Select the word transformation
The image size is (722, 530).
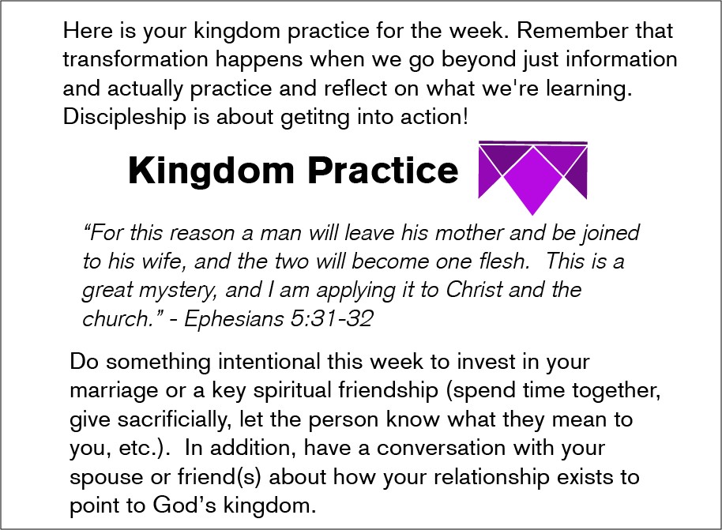click(x=136, y=59)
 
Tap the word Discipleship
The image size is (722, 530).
click(x=124, y=117)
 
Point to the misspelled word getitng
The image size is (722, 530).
click(x=315, y=118)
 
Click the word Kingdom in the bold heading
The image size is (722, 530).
click(x=211, y=171)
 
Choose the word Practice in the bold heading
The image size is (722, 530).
click(x=382, y=171)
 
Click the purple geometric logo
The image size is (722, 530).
click(x=532, y=178)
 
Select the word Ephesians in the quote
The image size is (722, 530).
click(x=234, y=318)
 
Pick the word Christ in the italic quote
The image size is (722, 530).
click(x=474, y=290)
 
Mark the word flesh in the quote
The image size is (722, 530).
click(x=505, y=261)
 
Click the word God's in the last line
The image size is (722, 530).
click(x=184, y=505)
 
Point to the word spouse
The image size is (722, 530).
click(x=107, y=478)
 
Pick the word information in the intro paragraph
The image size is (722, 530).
click(x=622, y=59)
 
